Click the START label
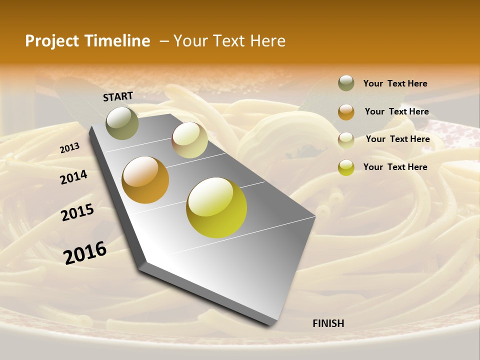coord(118,96)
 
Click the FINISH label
coord(328,323)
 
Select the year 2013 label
coord(69,148)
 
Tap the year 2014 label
coord(73,177)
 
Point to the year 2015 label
coord(77,212)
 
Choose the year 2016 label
coord(85,253)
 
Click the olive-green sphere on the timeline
coord(122,122)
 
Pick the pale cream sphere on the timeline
coord(189,140)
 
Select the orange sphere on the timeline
coord(145,180)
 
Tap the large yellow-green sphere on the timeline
coord(216,207)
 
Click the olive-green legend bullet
coord(346,83)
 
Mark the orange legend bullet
coord(346,112)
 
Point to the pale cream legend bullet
coord(346,140)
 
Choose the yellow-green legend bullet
coord(346,167)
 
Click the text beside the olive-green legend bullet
coord(395,83)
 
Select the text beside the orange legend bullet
coord(396,111)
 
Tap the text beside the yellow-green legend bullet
coord(395,167)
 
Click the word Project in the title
coord(52,41)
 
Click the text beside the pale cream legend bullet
coord(397,139)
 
